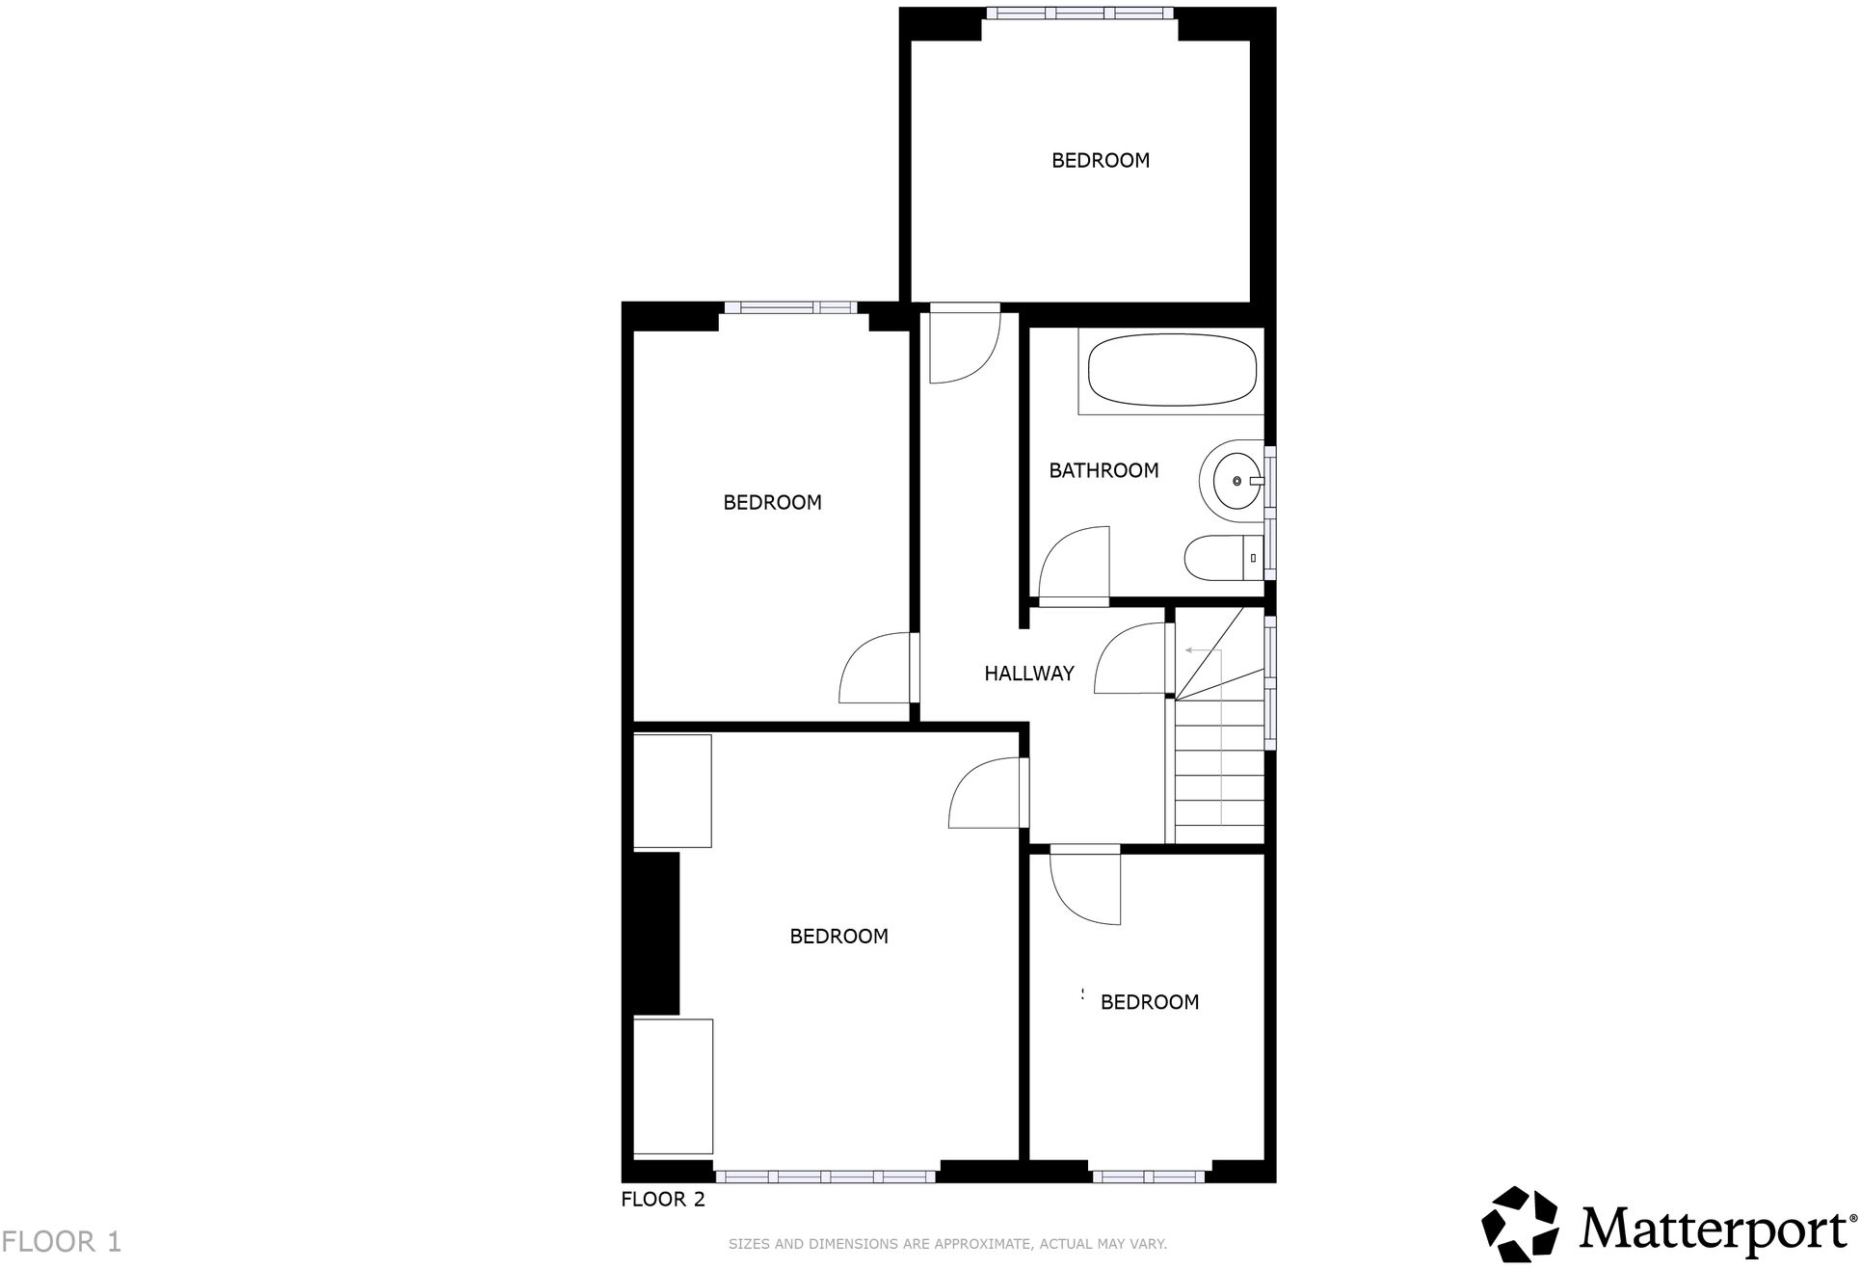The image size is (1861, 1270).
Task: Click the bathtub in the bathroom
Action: [1172, 370]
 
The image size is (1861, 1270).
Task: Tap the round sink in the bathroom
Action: [1237, 480]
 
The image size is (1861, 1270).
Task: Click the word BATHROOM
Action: [1103, 470]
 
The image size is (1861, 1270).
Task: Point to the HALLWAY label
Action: [1028, 674]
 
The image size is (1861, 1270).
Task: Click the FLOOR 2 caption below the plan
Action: [663, 1199]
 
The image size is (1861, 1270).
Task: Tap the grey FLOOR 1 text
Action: [62, 1241]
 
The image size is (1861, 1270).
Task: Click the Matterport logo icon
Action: [1520, 1224]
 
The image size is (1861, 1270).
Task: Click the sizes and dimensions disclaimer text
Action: [947, 1244]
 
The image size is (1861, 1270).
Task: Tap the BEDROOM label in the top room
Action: [1101, 160]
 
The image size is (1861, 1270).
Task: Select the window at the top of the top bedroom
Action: [1080, 13]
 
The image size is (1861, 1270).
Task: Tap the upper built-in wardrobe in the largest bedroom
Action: [673, 791]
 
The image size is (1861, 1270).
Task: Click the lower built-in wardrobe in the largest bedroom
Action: [673, 1086]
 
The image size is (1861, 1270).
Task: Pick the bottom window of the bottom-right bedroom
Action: [1148, 1176]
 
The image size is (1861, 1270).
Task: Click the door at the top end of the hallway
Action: [964, 344]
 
